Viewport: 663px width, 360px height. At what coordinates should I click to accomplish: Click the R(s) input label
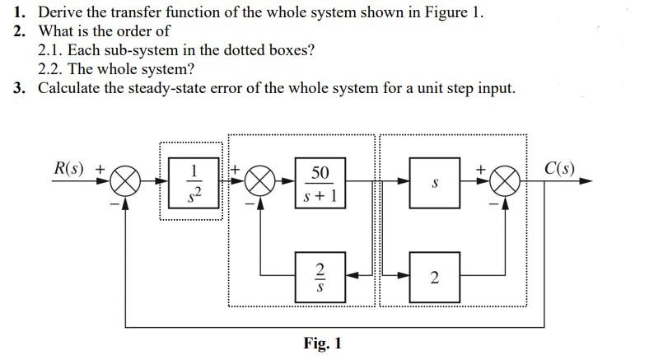pyautogui.click(x=70, y=168)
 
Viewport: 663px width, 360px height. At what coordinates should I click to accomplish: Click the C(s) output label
pyautogui.click(x=559, y=171)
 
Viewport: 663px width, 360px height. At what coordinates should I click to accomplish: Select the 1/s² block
pyautogui.click(x=194, y=181)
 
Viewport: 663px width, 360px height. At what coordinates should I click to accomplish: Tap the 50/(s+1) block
pyautogui.click(x=320, y=183)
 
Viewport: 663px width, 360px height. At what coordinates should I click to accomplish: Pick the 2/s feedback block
pyautogui.click(x=320, y=276)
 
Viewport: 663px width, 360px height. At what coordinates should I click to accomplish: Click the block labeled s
pyautogui.click(x=434, y=183)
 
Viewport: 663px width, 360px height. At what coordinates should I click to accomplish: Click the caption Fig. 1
pyautogui.click(x=322, y=343)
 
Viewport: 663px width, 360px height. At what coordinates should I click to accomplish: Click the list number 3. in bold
pyautogui.click(x=20, y=88)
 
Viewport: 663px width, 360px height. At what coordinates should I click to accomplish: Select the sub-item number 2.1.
pyautogui.click(x=50, y=50)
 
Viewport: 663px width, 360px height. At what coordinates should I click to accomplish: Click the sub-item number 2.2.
pyautogui.click(x=50, y=69)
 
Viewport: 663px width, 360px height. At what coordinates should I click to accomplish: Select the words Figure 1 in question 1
pyautogui.click(x=451, y=12)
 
